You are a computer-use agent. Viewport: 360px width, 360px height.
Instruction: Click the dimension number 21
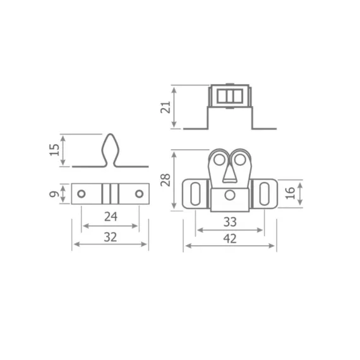click(165, 107)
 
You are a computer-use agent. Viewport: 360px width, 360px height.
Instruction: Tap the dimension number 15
click(54, 150)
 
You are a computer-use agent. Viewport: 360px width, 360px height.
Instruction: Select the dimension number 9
click(54, 194)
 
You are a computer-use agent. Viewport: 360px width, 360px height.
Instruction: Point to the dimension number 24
click(111, 217)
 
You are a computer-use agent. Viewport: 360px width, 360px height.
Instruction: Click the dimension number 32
click(111, 237)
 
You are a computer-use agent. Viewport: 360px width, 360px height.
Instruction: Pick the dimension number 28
click(165, 180)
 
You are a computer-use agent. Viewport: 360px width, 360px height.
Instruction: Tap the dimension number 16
click(290, 193)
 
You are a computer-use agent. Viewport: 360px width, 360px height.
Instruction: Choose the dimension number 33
click(230, 222)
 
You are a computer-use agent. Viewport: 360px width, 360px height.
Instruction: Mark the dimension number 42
click(230, 239)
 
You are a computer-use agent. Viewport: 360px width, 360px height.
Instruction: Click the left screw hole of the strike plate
click(81, 194)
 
